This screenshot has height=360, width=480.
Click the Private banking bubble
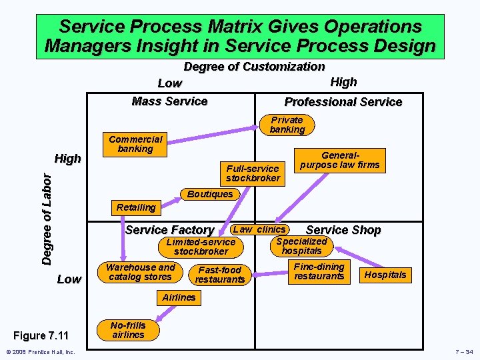pyautogui.click(x=287, y=125)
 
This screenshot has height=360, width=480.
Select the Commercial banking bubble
pyautogui.click(x=135, y=144)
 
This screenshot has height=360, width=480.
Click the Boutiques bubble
pyautogui.click(x=210, y=194)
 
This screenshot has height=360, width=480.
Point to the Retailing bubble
pyautogui.click(x=135, y=207)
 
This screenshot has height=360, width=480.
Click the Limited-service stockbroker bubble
pyautogui.click(x=201, y=247)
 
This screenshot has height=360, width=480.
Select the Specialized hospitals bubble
pyautogui.click(x=301, y=246)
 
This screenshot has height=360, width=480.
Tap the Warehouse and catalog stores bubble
pyautogui.click(x=140, y=272)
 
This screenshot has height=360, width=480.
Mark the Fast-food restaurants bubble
pyautogui.click(x=219, y=275)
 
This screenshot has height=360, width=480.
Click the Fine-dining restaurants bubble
pyautogui.click(x=319, y=271)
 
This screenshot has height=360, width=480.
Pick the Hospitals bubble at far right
pyautogui.click(x=386, y=275)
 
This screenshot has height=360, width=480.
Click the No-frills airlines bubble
pyautogui.click(x=128, y=330)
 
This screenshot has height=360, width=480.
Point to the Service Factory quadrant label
pyautogui.click(x=169, y=230)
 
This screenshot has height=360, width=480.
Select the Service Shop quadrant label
pyautogui.click(x=343, y=230)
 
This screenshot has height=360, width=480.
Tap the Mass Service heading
pyautogui.click(x=169, y=101)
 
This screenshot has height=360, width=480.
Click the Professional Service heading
pyautogui.click(x=343, y=102)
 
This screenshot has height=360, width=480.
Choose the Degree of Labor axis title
pyautogui.click(x=47, y=218)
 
